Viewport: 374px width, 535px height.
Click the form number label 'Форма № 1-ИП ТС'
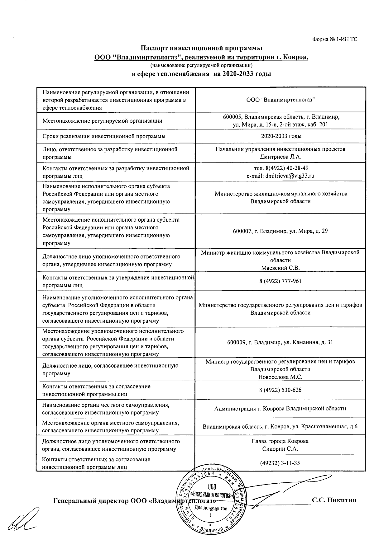point(334,39)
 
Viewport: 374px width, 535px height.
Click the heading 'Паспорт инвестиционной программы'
point(201,48)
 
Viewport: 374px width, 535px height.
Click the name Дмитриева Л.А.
point(280,157)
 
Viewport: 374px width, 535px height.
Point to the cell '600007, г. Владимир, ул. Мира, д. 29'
point(280,231)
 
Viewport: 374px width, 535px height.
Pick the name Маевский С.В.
point(280,268)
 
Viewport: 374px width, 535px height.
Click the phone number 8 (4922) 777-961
point(280,281)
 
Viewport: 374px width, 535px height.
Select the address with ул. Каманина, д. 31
point(280,342)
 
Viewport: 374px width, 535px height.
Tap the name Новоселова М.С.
point(280,377)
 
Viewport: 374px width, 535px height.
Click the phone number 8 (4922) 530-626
point(280,390)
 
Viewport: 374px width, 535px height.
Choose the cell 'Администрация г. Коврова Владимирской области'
point(280,409)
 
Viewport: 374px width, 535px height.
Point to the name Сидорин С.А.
point(280,449)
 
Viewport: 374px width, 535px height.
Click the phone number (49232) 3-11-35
point(280,463)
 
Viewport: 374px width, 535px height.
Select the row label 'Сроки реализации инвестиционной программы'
point(104,136)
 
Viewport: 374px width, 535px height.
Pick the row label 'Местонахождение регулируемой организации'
point(102,121)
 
